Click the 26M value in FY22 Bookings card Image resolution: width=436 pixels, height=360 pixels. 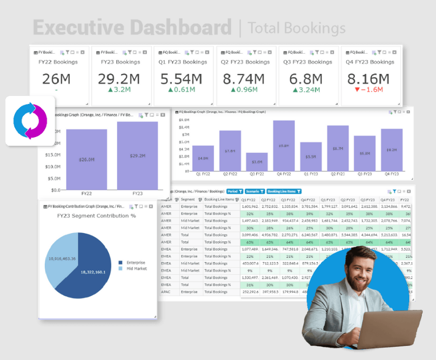click(56, 79)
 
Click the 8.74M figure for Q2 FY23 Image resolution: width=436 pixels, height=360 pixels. click(244, 79)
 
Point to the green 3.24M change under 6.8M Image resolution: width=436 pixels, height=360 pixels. click(307, 90)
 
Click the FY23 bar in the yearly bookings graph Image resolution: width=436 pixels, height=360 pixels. click(137, 155)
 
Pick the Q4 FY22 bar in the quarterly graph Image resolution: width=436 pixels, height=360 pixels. click(283, 145)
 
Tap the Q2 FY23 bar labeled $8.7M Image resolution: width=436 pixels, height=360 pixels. click(338, 148)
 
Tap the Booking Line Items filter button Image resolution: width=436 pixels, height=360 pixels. click(284, 192)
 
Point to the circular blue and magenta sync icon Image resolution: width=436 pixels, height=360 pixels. click(30, 121)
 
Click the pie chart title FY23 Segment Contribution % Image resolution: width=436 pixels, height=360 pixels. click(97, 216)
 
